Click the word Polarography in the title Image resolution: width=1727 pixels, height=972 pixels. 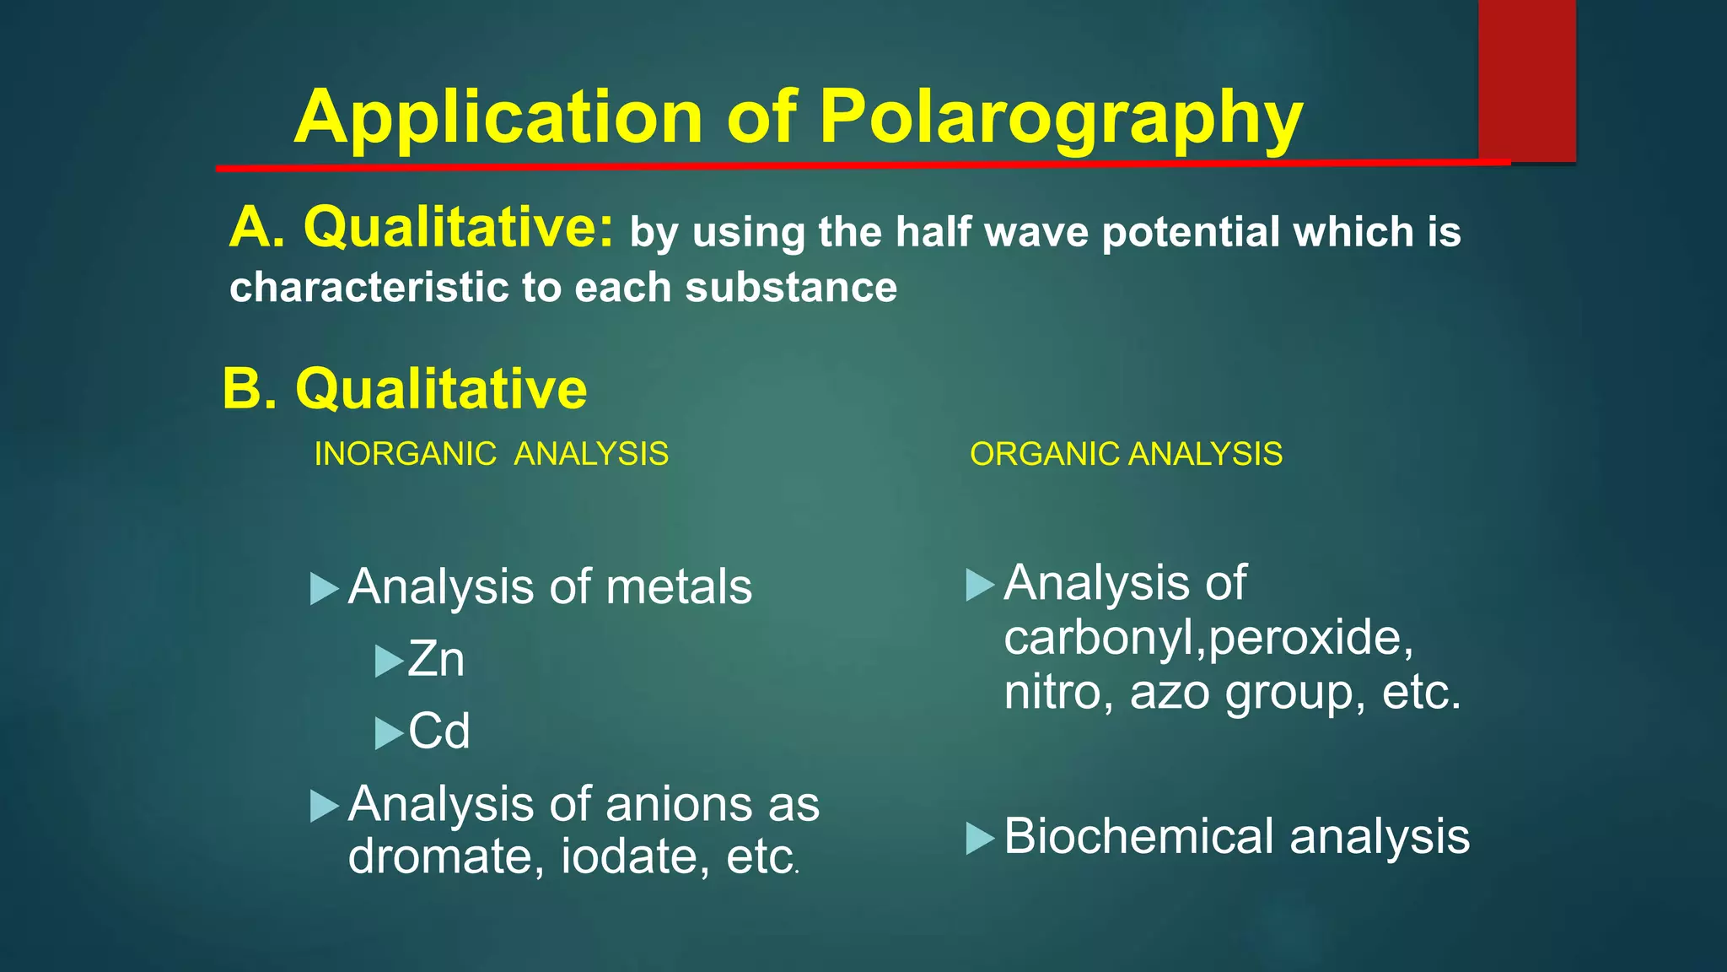click(1061, 118)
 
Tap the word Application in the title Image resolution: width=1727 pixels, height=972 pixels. click(498, 118)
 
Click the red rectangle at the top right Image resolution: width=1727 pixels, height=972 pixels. click(1526, 80)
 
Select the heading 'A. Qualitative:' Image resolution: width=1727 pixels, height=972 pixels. click(422, 228)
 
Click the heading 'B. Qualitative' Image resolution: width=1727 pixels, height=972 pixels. click(405, 389)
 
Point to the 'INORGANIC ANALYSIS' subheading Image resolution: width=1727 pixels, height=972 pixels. click(491, 454)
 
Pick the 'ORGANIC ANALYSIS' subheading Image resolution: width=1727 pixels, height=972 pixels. click(1126, 454)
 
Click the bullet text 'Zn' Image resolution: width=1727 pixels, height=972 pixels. click(436, 659)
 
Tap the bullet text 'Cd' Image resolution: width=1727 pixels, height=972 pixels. click(439, 731)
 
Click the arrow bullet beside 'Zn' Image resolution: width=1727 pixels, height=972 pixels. click(389, 661)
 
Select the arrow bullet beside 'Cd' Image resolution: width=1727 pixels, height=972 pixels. click(389, 732)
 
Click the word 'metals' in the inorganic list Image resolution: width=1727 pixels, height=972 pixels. click(679, 586)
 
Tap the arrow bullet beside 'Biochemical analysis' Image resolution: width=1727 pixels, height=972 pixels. click(980, 838)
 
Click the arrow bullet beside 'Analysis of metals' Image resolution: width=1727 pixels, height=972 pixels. click(324, 588)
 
